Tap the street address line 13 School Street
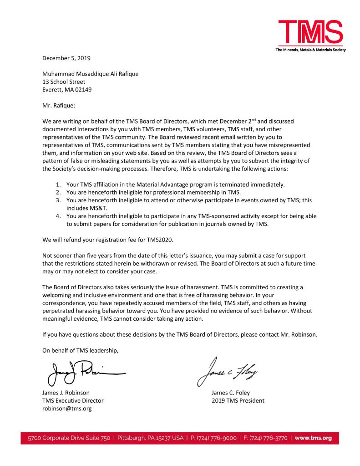pos(64,82)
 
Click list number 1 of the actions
pos(57,184)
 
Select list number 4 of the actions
pos(57,215)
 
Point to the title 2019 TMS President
pos(238,400)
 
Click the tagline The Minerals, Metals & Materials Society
pos(310,50)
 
